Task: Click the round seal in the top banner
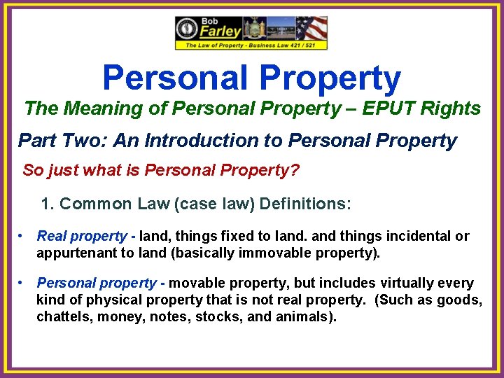point(188,29)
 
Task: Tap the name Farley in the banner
point(220,31)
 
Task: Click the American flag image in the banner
point(311,29)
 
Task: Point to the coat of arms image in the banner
point(252,29)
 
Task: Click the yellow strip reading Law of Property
point(251,45)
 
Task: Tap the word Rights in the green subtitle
point(456,108)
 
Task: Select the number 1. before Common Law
point(48,204)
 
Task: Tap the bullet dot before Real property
point(23,236)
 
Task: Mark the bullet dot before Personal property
point(23,283)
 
